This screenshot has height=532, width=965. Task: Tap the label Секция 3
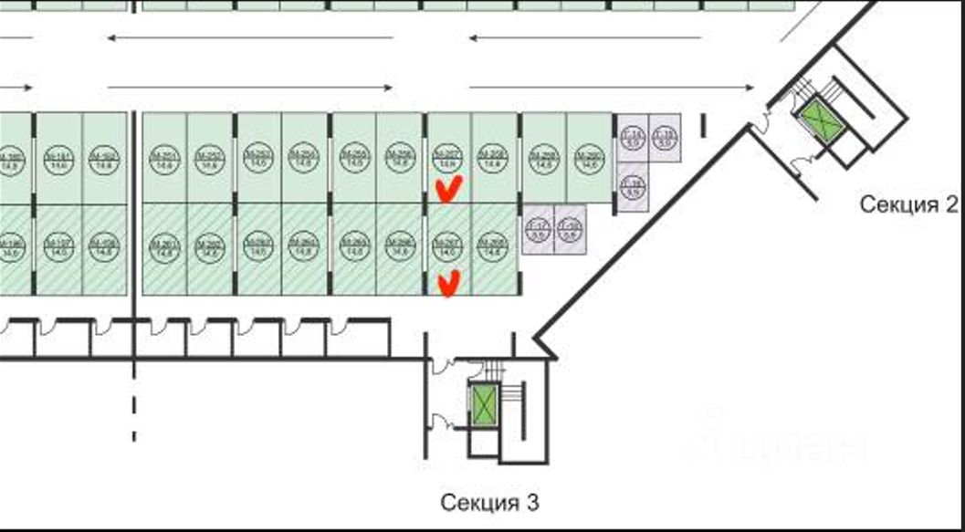pyautogui.click(x=490, y=502)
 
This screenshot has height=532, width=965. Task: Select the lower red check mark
pyautogui.click(x=447, y=284)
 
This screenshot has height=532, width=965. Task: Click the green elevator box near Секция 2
pyautogui.click(x=820, y=120)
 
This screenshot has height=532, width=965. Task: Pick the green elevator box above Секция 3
pyautogui.click(x=483, y=403)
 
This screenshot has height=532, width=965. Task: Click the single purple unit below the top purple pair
pyautogui.click(x=632, y=186)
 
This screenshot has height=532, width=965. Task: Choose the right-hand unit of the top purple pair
pyautogui.click(x=665, y=139)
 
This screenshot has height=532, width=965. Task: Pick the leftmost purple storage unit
pyautogui.click(x=539, y=228)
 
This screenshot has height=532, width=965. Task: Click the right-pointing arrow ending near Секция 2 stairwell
pyautogui.click(x=612, y=87)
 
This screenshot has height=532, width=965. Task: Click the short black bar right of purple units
pyautogui.click(x=704, y=126)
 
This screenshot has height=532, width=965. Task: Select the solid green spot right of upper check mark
pyautogui.click(x=494, y=157)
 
